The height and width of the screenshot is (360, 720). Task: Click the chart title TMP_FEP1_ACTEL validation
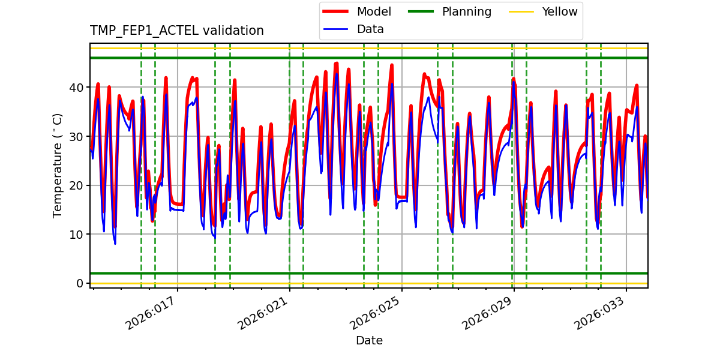176,31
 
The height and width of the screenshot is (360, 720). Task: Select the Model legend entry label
374,12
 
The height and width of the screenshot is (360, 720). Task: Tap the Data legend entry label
370,29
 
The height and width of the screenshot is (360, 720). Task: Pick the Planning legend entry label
466,12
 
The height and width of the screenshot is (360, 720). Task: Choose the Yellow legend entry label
559,12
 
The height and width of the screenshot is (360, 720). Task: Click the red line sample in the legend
337,12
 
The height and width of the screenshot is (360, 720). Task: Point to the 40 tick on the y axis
76,88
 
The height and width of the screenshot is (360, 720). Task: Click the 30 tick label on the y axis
76,137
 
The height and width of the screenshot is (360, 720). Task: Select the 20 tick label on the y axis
76,185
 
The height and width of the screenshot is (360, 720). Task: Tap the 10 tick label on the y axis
76,235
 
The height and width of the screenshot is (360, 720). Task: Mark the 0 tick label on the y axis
79,283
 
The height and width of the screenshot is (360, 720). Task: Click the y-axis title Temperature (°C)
58,166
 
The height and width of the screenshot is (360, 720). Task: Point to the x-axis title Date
369,341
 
